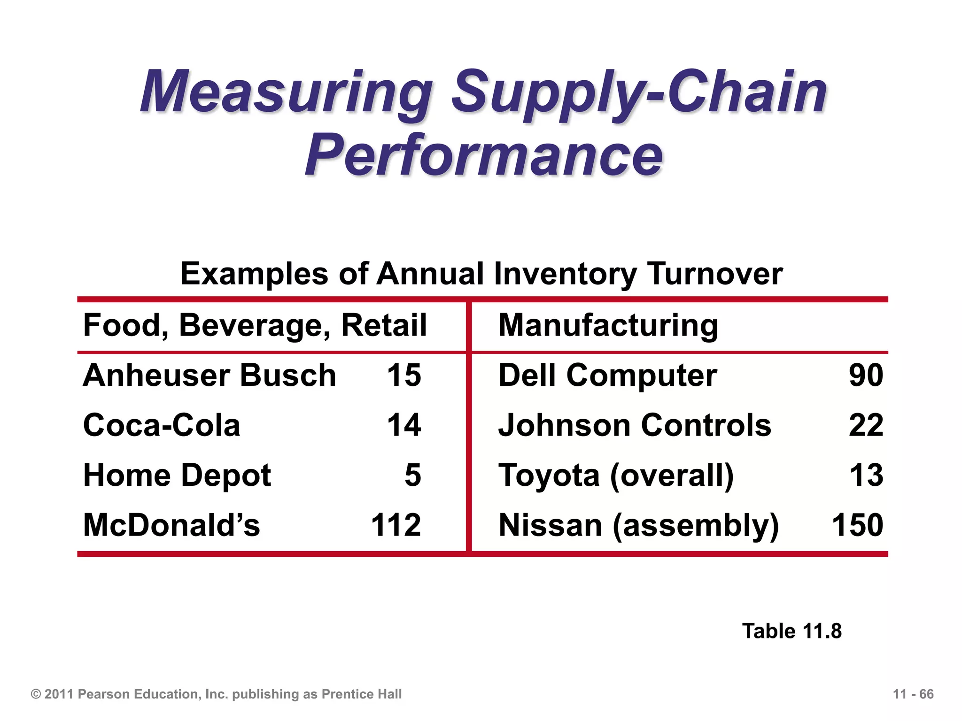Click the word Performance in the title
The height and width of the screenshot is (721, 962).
click(x=484, y=155)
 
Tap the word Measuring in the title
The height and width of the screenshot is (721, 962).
click(x=287, y=92)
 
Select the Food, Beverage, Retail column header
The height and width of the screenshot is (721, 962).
click(x=255, y=325)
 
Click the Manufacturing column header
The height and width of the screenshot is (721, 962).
click(x=608, y=325)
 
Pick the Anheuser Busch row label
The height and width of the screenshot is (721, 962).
click(x=209, y=376)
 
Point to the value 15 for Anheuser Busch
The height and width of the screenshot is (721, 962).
click(x=403, y=376)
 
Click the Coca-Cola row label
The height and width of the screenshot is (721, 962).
click(x=162, y=425)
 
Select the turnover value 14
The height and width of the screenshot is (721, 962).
click(x=403, y=425)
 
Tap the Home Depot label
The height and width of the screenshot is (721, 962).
click(x=177, y=475)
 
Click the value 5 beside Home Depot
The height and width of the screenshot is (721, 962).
click(x=412, y=475)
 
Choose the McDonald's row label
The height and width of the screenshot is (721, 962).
click(x=171, y=525)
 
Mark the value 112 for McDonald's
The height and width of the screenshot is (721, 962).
click(x=396, y=525)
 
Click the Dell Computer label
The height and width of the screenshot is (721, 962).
click(x=607, y=376)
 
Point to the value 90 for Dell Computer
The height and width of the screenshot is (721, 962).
click(x=866, y=376)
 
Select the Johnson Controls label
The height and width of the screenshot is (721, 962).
click(x=635, y=425)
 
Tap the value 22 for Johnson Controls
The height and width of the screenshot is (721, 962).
click(x=866, y=425)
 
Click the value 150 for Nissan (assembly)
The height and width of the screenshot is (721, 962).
click(x=857, y=525)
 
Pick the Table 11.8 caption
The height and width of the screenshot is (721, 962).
click(x=791, y=631)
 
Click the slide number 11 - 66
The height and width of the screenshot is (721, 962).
click(x=913, y=694)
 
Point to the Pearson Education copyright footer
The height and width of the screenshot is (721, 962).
click(x=216, y=694)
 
